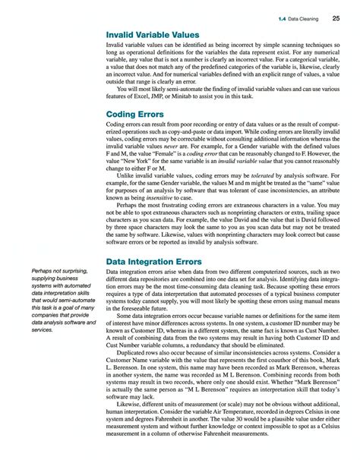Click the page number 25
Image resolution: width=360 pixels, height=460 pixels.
[335, 17]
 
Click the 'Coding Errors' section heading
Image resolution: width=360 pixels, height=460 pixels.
[135, 115]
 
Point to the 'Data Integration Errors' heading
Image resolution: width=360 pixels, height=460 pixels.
[156, 262]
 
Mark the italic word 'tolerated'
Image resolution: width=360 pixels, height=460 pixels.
[261, 175]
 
